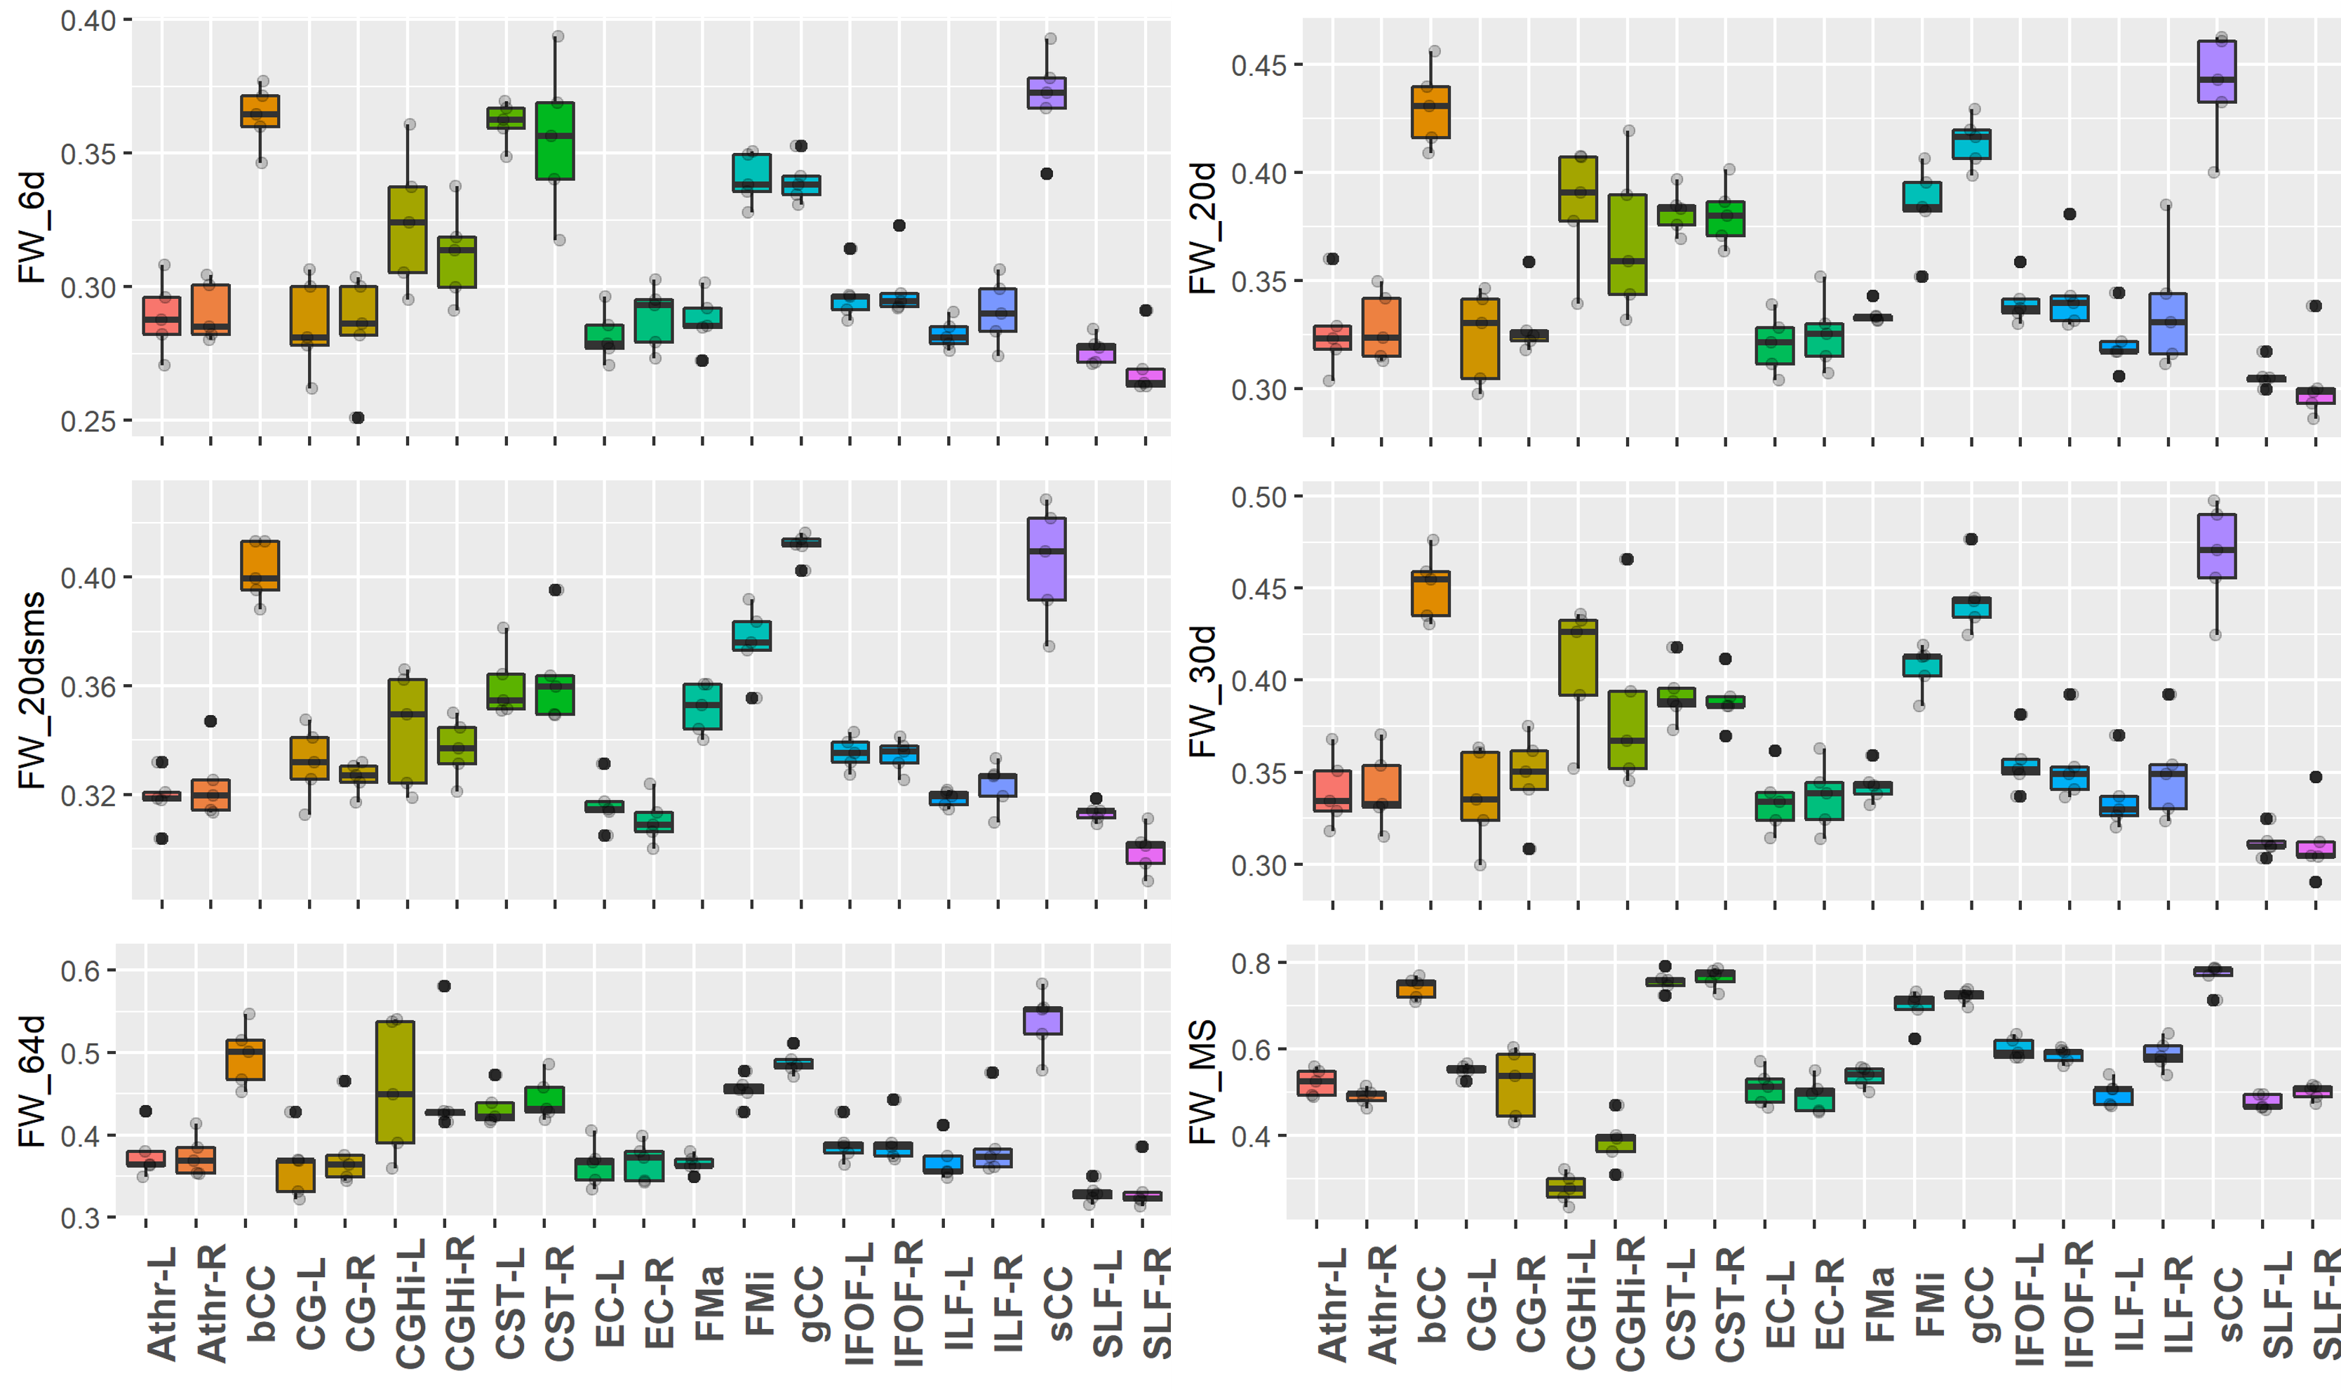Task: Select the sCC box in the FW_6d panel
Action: pyautogui.click(x=1047, y=93)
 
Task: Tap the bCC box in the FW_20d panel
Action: pyautogui.click(x=1431, y=112)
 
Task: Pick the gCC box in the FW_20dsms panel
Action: pyautogui.click(x=802, y=542)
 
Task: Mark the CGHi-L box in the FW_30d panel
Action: pyautogui.click(x=1578, y=657)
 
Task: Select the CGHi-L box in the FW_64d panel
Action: pyautogui.click(x=395, y=1082)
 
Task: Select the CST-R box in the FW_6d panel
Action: pyautogui.click(x=556, y=140)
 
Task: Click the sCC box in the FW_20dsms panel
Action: pyautogui.click(x=1047, y=559)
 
